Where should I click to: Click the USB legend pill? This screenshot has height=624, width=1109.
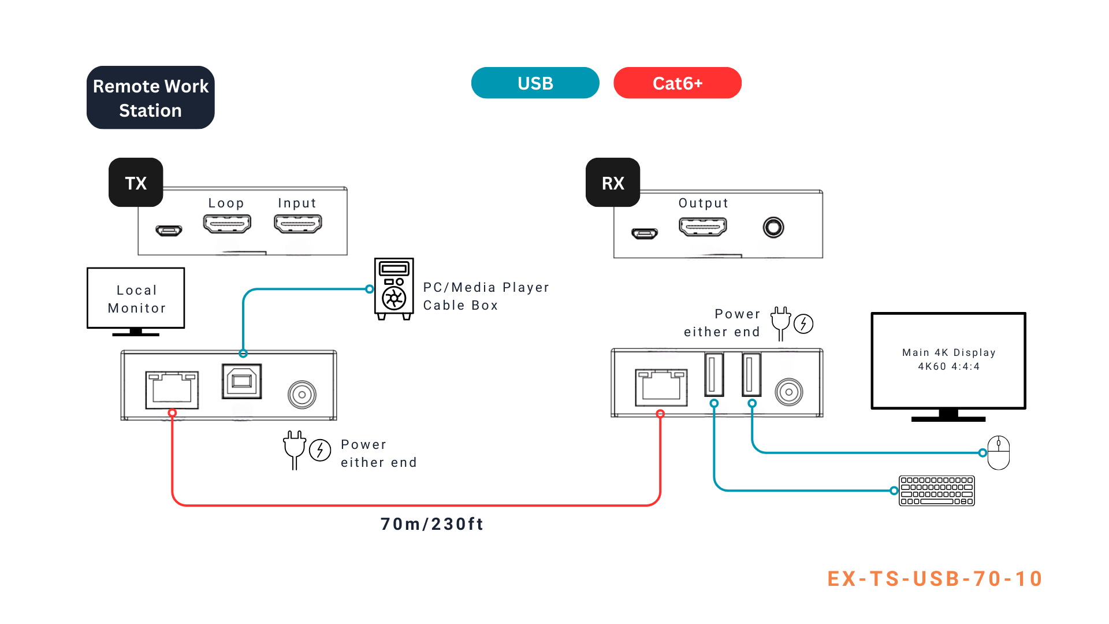pyautogui.click(x=535, y=83)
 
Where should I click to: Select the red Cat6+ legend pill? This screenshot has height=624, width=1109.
pyautogui.click(x=677, y=83)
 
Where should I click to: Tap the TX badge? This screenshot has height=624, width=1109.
pyautogui.click(x=136, y=183)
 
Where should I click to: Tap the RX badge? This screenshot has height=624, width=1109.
pyautogui.click(x=613, y=183)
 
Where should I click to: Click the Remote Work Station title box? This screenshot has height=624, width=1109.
pyautogui.click(x=150, y=98)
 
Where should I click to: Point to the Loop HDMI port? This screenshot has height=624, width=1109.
pyautogui.click(x=227, y=224)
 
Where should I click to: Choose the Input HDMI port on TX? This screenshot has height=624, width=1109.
pyautogui.click(x=297, y=224)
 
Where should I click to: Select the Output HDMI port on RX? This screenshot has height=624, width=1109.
pyautogui.click(x=703, y=227)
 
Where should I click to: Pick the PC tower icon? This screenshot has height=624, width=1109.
pyautogui.click(x=394, y=288)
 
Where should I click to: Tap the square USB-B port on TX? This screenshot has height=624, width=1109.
pyautogui.click(x=241, y=381)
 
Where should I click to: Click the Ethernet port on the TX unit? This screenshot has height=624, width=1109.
pyautogui.click(x=172, y=389)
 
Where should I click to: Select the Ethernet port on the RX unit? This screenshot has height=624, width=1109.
pyautogui.click(x=661, y=387)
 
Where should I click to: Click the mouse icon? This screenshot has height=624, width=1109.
pyautogui.click(x=999, y=452)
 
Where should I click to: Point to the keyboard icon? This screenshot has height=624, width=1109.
pyautogui.click(x=936, y=491)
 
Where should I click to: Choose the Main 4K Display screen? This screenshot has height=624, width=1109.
pyautogui.click(x=948, y=361)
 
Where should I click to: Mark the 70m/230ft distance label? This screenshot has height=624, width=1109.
pyautogui.click(x=431, y=524)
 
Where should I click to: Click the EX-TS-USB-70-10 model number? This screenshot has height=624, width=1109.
pyautogui.click(x=935, y=579)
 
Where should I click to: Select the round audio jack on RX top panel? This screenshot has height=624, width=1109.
pyautogui.click(x=773, y=227)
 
